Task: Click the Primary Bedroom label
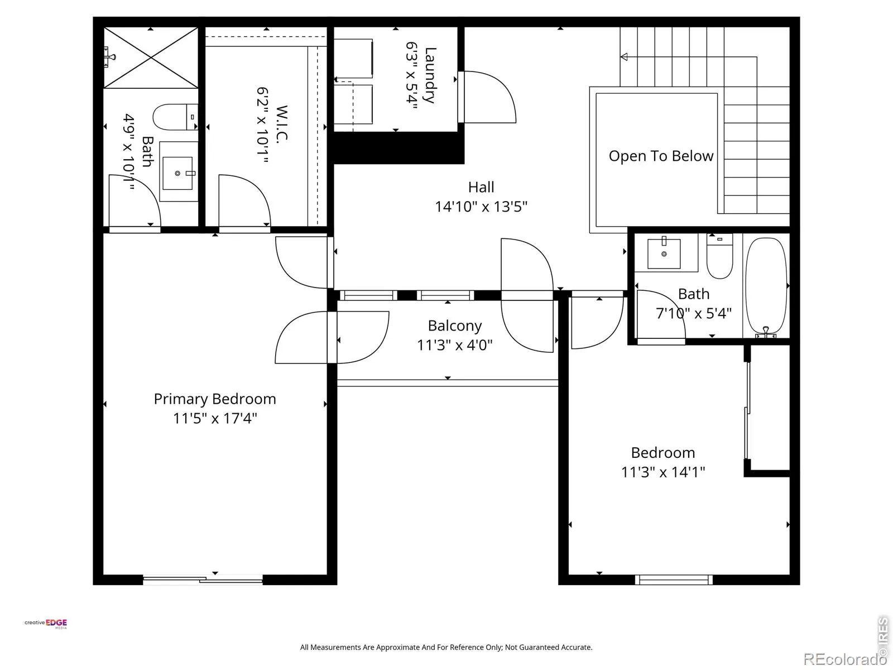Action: pyautogui.click(x=215, y=399)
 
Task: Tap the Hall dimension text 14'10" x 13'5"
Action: pyautogui.click(x=481, y=207)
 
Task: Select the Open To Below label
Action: pyautogui.click(x=661, y=156)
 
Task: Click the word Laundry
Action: pyautogui.click(x=430, y=75)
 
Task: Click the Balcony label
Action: pyautogui.click(x=455, y=326)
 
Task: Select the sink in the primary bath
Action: pyautogui.click(x=178, y=173)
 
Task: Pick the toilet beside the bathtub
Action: pyautogui.click(x=719, y=256)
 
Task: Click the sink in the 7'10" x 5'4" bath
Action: pyautogui.click(x=664, y=253)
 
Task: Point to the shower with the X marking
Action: pyautogui.click(x=151, y=58)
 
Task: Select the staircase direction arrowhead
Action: pyautogui.click(x=623, y=57)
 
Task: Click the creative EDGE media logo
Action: pyautogui.click(x=46, y=624)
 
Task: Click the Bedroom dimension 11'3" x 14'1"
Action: pyautogui.click(x=662, y=472)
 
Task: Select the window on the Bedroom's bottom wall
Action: pyautogui.click(x=674, y=580)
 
